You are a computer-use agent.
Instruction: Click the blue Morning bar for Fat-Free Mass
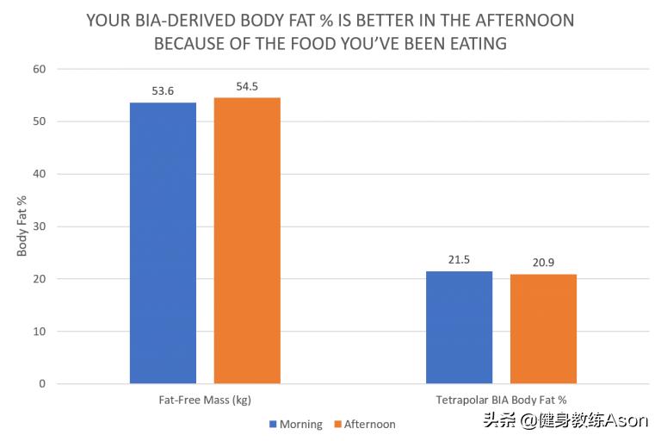pyautogui.click(x=163, y=243)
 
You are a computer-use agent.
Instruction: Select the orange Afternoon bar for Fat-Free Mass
pyautogui.click(x=247, y=240)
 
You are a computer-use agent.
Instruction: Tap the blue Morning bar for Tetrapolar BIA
pyautogui.click(x=460, y=327)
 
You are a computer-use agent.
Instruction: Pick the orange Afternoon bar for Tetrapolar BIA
pyautogui.click(x=543, y=329)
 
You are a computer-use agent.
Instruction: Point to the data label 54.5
pyautogui.click(x=247, y=87)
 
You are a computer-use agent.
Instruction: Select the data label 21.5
pyautogui.click(x=460, y=260)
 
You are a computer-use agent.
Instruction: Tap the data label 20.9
pyautogui.click(x=543, y=263)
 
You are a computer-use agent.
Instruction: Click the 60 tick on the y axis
pyautogui.click(x=40, y=69)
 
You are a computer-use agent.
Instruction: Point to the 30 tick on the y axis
pyautogui.click(x=40, y=227)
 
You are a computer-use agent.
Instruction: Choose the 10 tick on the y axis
pyautogui.click(x=40, y=332)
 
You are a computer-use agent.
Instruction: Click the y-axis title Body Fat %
pyautogui.click(x=22, y=227)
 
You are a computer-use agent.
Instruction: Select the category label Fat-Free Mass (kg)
pyautogui.click(x=205, y=400)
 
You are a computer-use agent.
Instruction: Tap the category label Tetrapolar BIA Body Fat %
pyautogui.click(x=501, y=400)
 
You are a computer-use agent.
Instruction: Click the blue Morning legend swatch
pyautogui.click(x=273, y=424)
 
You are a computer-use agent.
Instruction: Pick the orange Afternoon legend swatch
pyautogui.click(x=337, y=424)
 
